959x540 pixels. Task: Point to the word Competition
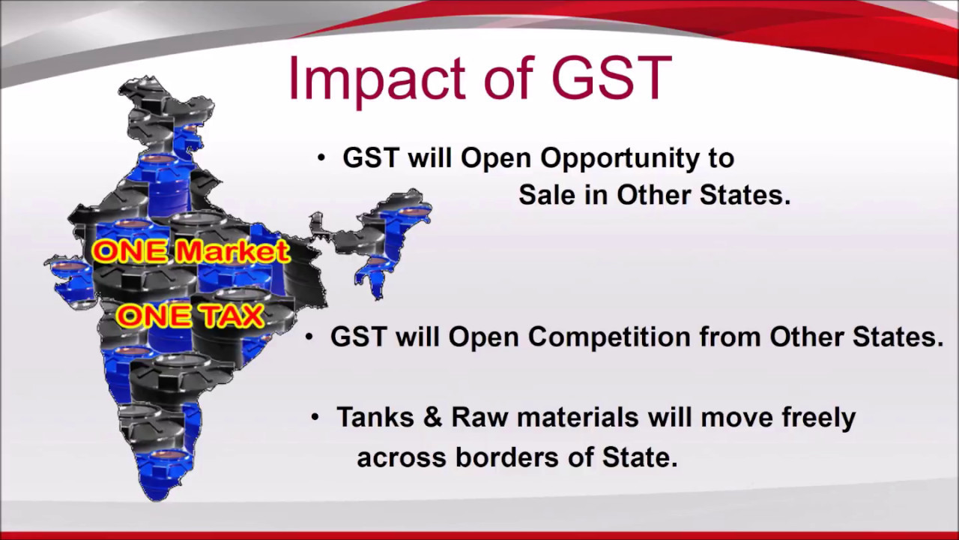tap(610, 337)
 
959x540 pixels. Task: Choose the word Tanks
tap(375, 417)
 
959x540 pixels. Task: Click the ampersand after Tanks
tap(432, 417)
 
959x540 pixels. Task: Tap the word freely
tap(819, 418)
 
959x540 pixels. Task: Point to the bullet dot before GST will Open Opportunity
tap(321, 158)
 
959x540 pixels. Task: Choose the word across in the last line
tap(402, 457)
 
